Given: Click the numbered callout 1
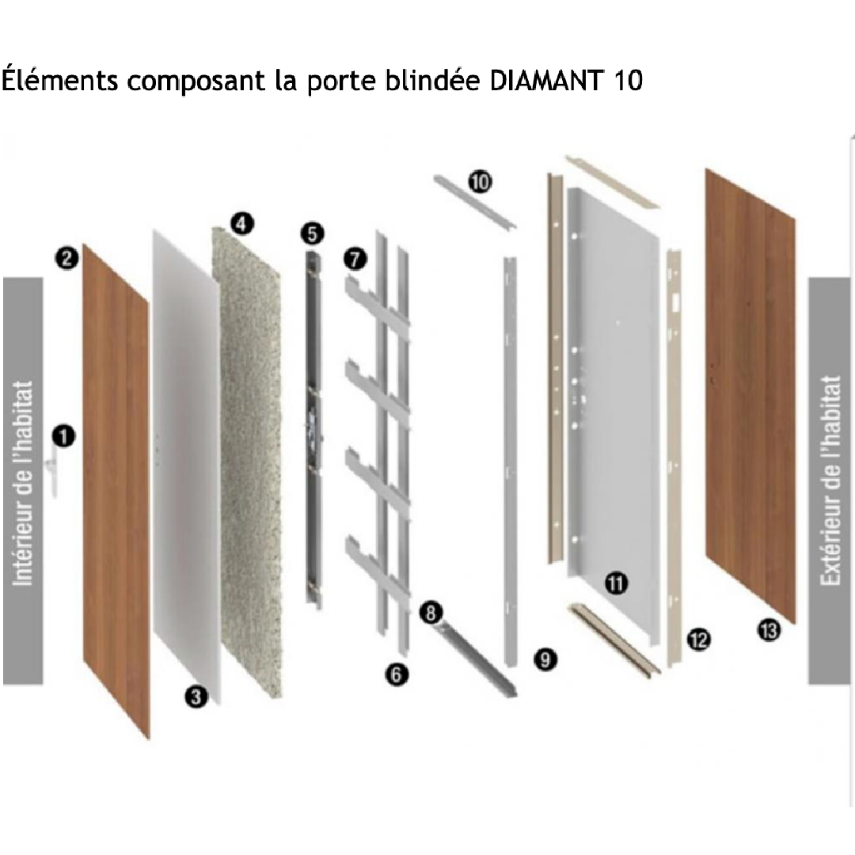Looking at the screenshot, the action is tap(64, 436).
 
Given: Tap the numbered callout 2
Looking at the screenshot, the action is tap(66, 258).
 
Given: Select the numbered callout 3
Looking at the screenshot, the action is tap(196, 697).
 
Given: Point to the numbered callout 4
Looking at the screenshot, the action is tap(242, 223).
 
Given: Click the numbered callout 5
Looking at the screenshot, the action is tap(312, 234).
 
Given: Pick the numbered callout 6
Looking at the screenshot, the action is tap(397, 674).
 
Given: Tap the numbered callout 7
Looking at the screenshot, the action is tap(355, 258).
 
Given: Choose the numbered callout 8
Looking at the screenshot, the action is tap(431, 612).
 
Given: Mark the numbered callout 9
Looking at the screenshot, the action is tap(545, 659).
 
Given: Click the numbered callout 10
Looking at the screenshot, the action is tap(480, 181).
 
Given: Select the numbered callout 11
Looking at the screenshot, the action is tap(616, 583).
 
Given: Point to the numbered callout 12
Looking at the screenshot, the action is tap(698, 640).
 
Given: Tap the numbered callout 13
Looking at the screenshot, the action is tap(769, 630).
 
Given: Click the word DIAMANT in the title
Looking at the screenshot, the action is tap(547, 80).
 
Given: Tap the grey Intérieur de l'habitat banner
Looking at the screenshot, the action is tap(23, 481).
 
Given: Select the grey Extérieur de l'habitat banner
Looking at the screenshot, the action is tap(829, 481).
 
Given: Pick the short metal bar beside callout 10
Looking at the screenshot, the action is tap(474, 203).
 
